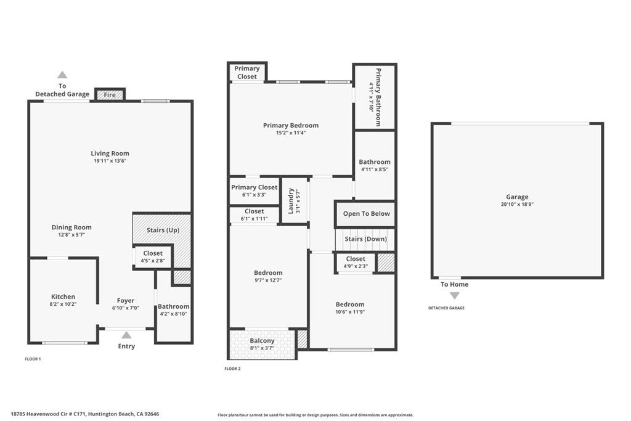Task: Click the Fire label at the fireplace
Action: pyautogui.click(x=110, y=95)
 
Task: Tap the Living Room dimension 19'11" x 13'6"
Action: pyautogui.click(x=110, y=161)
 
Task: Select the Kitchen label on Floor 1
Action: pyautogui.click(x=63, y=296)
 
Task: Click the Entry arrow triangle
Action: pyautogui.click(x=126, y=335)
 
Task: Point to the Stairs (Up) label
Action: pyautogui.click(x=163, y=230)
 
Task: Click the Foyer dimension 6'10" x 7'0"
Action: pyautogui.click(x=126, y=308)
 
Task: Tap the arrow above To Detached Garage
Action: pyautogui.click(x=62, y=75)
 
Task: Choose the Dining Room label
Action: pyautogui.click(x=71, y=227)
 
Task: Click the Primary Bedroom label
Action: pyautogui.click(x=291, y=126)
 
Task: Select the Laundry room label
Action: pyautogui.click(x=291, y=201)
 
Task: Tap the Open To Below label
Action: pyautogui.click(x=367, y=214)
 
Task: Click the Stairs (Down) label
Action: pyautogui.click(x=366, y=239)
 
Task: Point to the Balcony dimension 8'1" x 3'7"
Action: pyautogui.click(x=262, y=348)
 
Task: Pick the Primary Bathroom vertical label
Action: pyautogui.click(x=378, y=97)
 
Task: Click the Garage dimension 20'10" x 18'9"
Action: pyautogui.click(x=517, y=205)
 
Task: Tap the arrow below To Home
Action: pyautogui.click(x=455, y=296)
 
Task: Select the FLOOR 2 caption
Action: pyautogui.click(x=232, y=369)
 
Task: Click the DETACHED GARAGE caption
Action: pyautogui.click(x=446, y=308)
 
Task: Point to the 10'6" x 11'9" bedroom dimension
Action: pyautogui.click(x=350, y=311)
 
